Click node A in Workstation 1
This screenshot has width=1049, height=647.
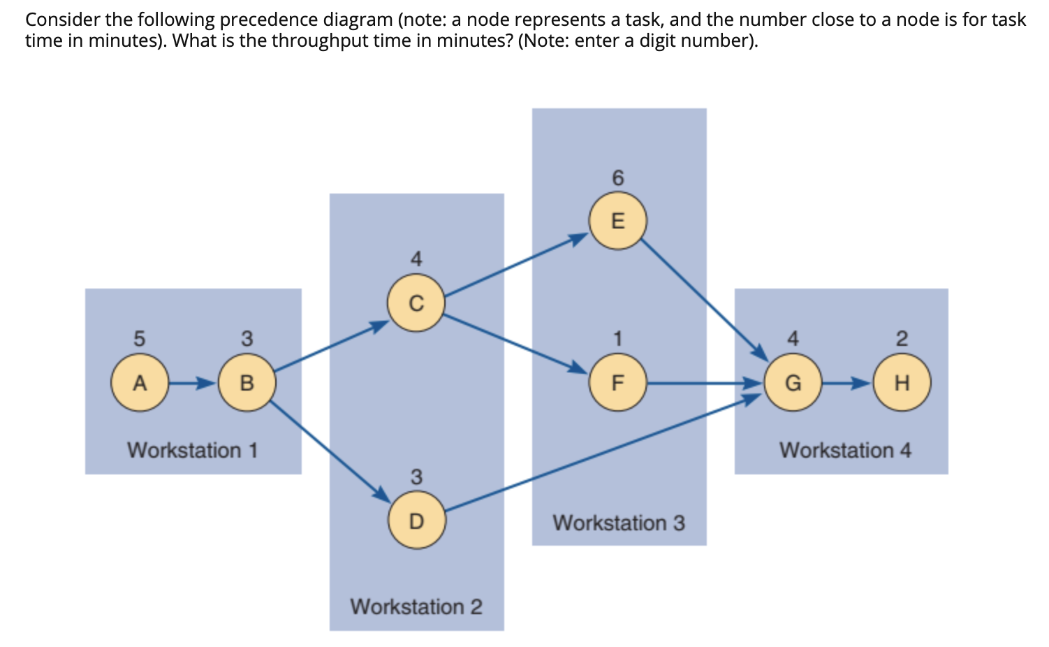(140, 383)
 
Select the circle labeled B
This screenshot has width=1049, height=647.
(247, 383)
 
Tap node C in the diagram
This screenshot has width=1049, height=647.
(416, 303)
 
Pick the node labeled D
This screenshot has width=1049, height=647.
(416, 521)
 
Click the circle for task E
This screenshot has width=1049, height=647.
(617, 221)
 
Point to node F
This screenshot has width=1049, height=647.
(617, 383)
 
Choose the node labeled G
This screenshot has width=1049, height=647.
(793, 383)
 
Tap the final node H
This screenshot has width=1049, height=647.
(902, 383)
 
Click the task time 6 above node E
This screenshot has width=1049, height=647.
(617, 178)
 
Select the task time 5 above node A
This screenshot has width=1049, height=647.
(139, 339)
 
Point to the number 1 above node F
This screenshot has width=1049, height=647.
(617, 339)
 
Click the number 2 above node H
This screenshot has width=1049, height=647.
(902, 339)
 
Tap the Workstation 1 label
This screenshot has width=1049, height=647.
(193, 450)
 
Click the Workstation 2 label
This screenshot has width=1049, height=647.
(416, 606)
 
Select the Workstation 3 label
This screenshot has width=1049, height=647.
(619, 523)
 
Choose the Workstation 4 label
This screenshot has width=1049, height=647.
(845, 450)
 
